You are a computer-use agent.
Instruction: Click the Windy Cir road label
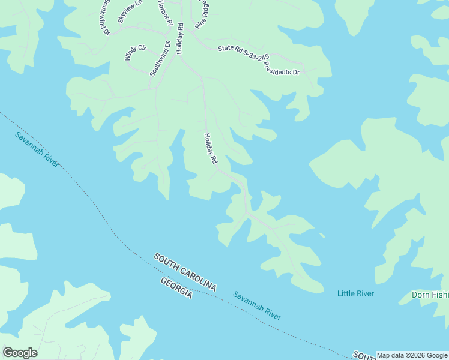click(x=135, y=52)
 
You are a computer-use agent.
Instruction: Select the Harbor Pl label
click(x=163, y=13)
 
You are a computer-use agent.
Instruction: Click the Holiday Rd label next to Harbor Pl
click(x=179, y=38)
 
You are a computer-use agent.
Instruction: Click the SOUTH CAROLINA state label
click(x=184, y=272)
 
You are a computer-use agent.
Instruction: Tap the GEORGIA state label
click(x=176, y=289)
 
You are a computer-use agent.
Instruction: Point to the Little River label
click(x=355, y=293)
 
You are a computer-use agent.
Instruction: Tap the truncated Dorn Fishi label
click(x=430, y=295)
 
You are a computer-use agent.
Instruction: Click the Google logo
click(x=20, y=353)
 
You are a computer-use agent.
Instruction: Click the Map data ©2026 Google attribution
click(x=412, y=355)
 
